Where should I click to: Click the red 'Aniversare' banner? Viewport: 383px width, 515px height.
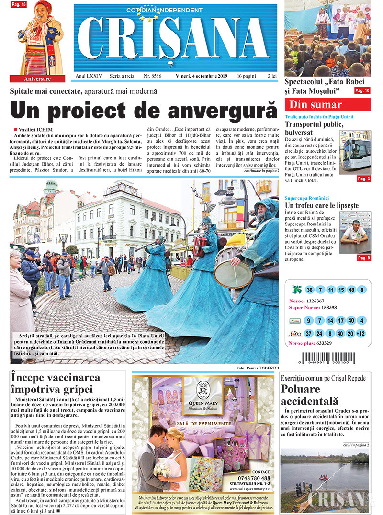tap(37, 78)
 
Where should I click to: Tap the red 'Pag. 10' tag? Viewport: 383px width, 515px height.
tap(361, 90)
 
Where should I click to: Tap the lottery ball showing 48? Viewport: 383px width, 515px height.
tap(351, 290)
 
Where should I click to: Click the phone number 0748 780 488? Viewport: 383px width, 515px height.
tap(253, 478)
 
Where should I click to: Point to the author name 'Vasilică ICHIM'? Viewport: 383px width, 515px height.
tap(36, 130)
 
